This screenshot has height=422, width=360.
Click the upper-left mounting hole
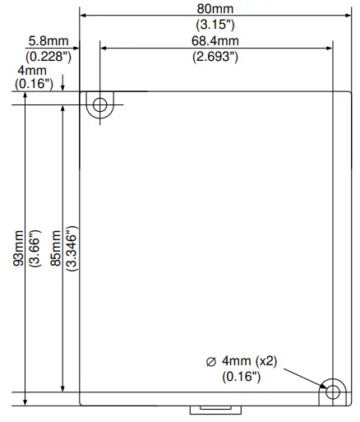click(x=100, y=105)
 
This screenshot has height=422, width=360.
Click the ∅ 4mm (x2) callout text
click(x=246, y=360)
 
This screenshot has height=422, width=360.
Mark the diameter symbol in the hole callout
click(x=211, y=360)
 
